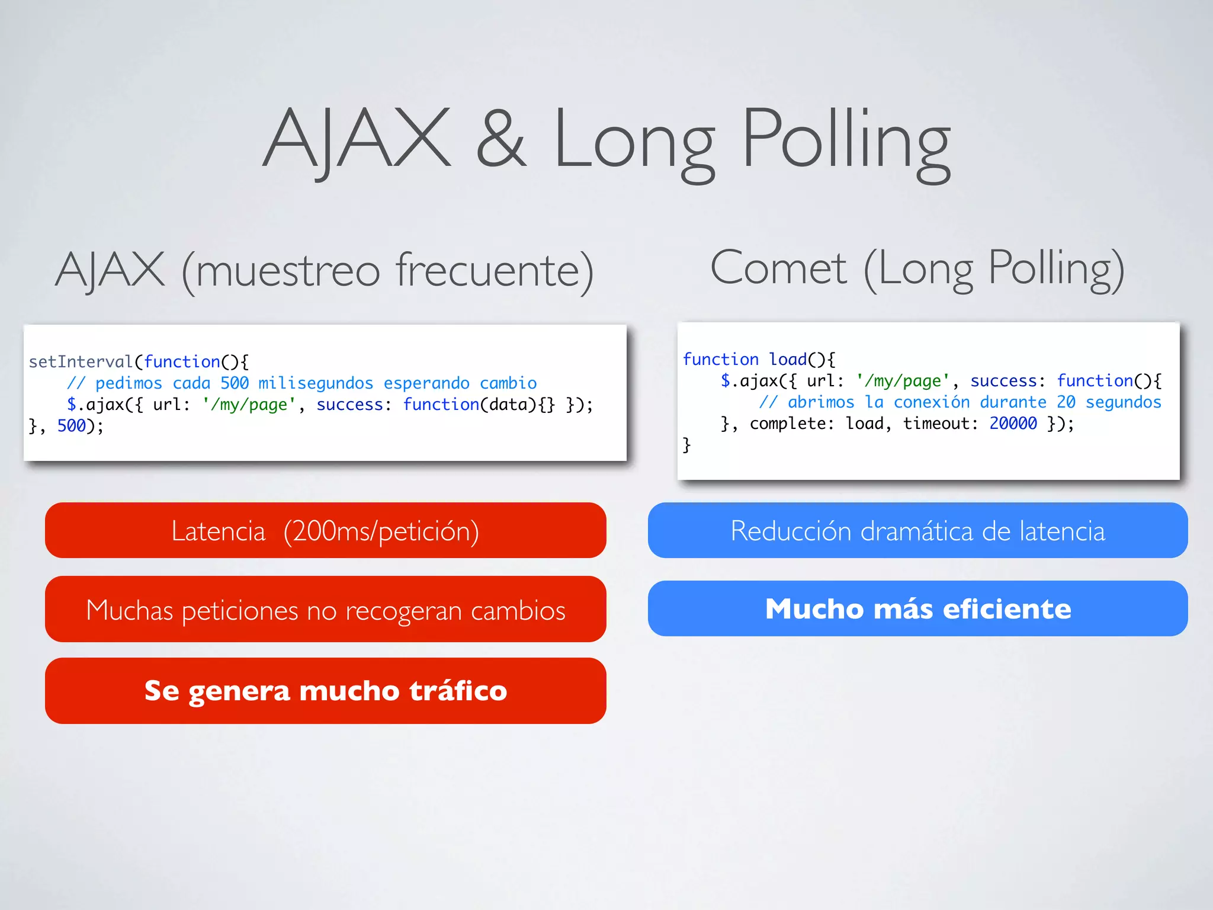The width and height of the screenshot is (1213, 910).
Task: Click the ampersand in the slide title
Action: tap(501, 140)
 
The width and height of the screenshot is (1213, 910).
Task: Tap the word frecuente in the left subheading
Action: tap(494, 270)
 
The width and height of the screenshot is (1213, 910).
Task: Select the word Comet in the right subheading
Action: tap(778, 268)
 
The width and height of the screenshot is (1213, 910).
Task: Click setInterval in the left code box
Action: tap(81, 361)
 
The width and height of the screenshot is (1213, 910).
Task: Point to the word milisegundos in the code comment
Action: tap(316, 383)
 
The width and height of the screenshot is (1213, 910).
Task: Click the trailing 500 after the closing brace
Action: tap(71, 426)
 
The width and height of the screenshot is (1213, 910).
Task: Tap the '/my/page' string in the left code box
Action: tap(249, 405)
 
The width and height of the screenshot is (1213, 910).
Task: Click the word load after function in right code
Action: tap(788, 359)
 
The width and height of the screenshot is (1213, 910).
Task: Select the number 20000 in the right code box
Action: tap(1013, 424)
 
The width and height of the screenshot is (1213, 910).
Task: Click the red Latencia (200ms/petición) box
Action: tap(325, 530)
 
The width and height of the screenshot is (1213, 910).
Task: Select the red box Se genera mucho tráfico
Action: tap(325, 691)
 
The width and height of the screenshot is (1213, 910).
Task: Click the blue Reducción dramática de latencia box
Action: tap(917, 530)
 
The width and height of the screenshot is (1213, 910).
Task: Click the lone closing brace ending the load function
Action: tap(686, 444)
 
